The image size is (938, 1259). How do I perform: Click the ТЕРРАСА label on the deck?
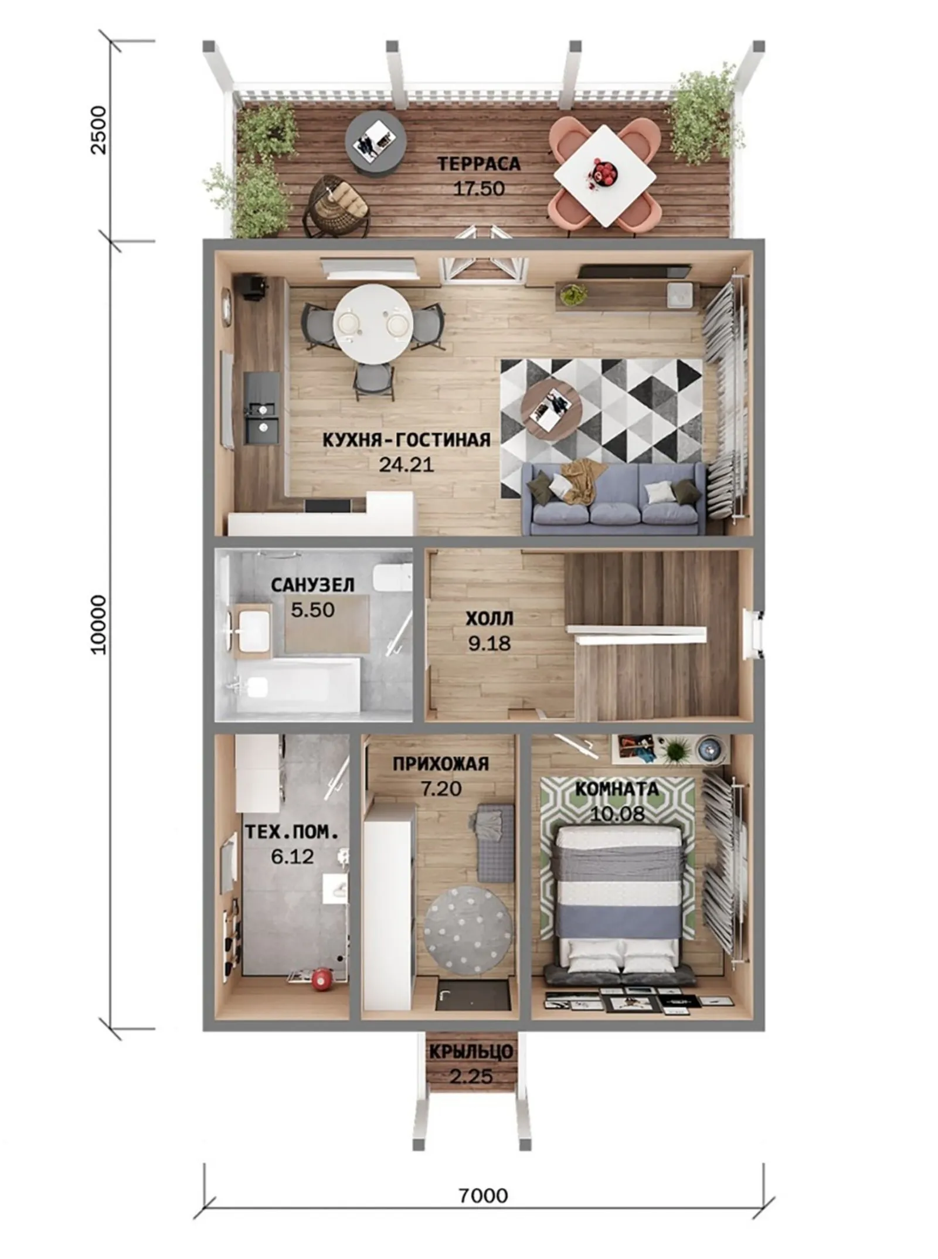point(478,164)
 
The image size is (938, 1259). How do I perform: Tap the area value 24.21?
point(406,464)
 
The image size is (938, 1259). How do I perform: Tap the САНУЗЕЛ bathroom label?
point(312,584)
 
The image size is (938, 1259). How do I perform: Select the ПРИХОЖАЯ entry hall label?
point(441,764)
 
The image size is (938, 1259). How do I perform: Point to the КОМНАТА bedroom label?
point(617,788)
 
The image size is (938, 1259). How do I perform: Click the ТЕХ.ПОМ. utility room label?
point(291,832)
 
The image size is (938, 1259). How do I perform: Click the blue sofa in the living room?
point(614,498)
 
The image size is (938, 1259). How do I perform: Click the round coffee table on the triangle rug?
point(552,406)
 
